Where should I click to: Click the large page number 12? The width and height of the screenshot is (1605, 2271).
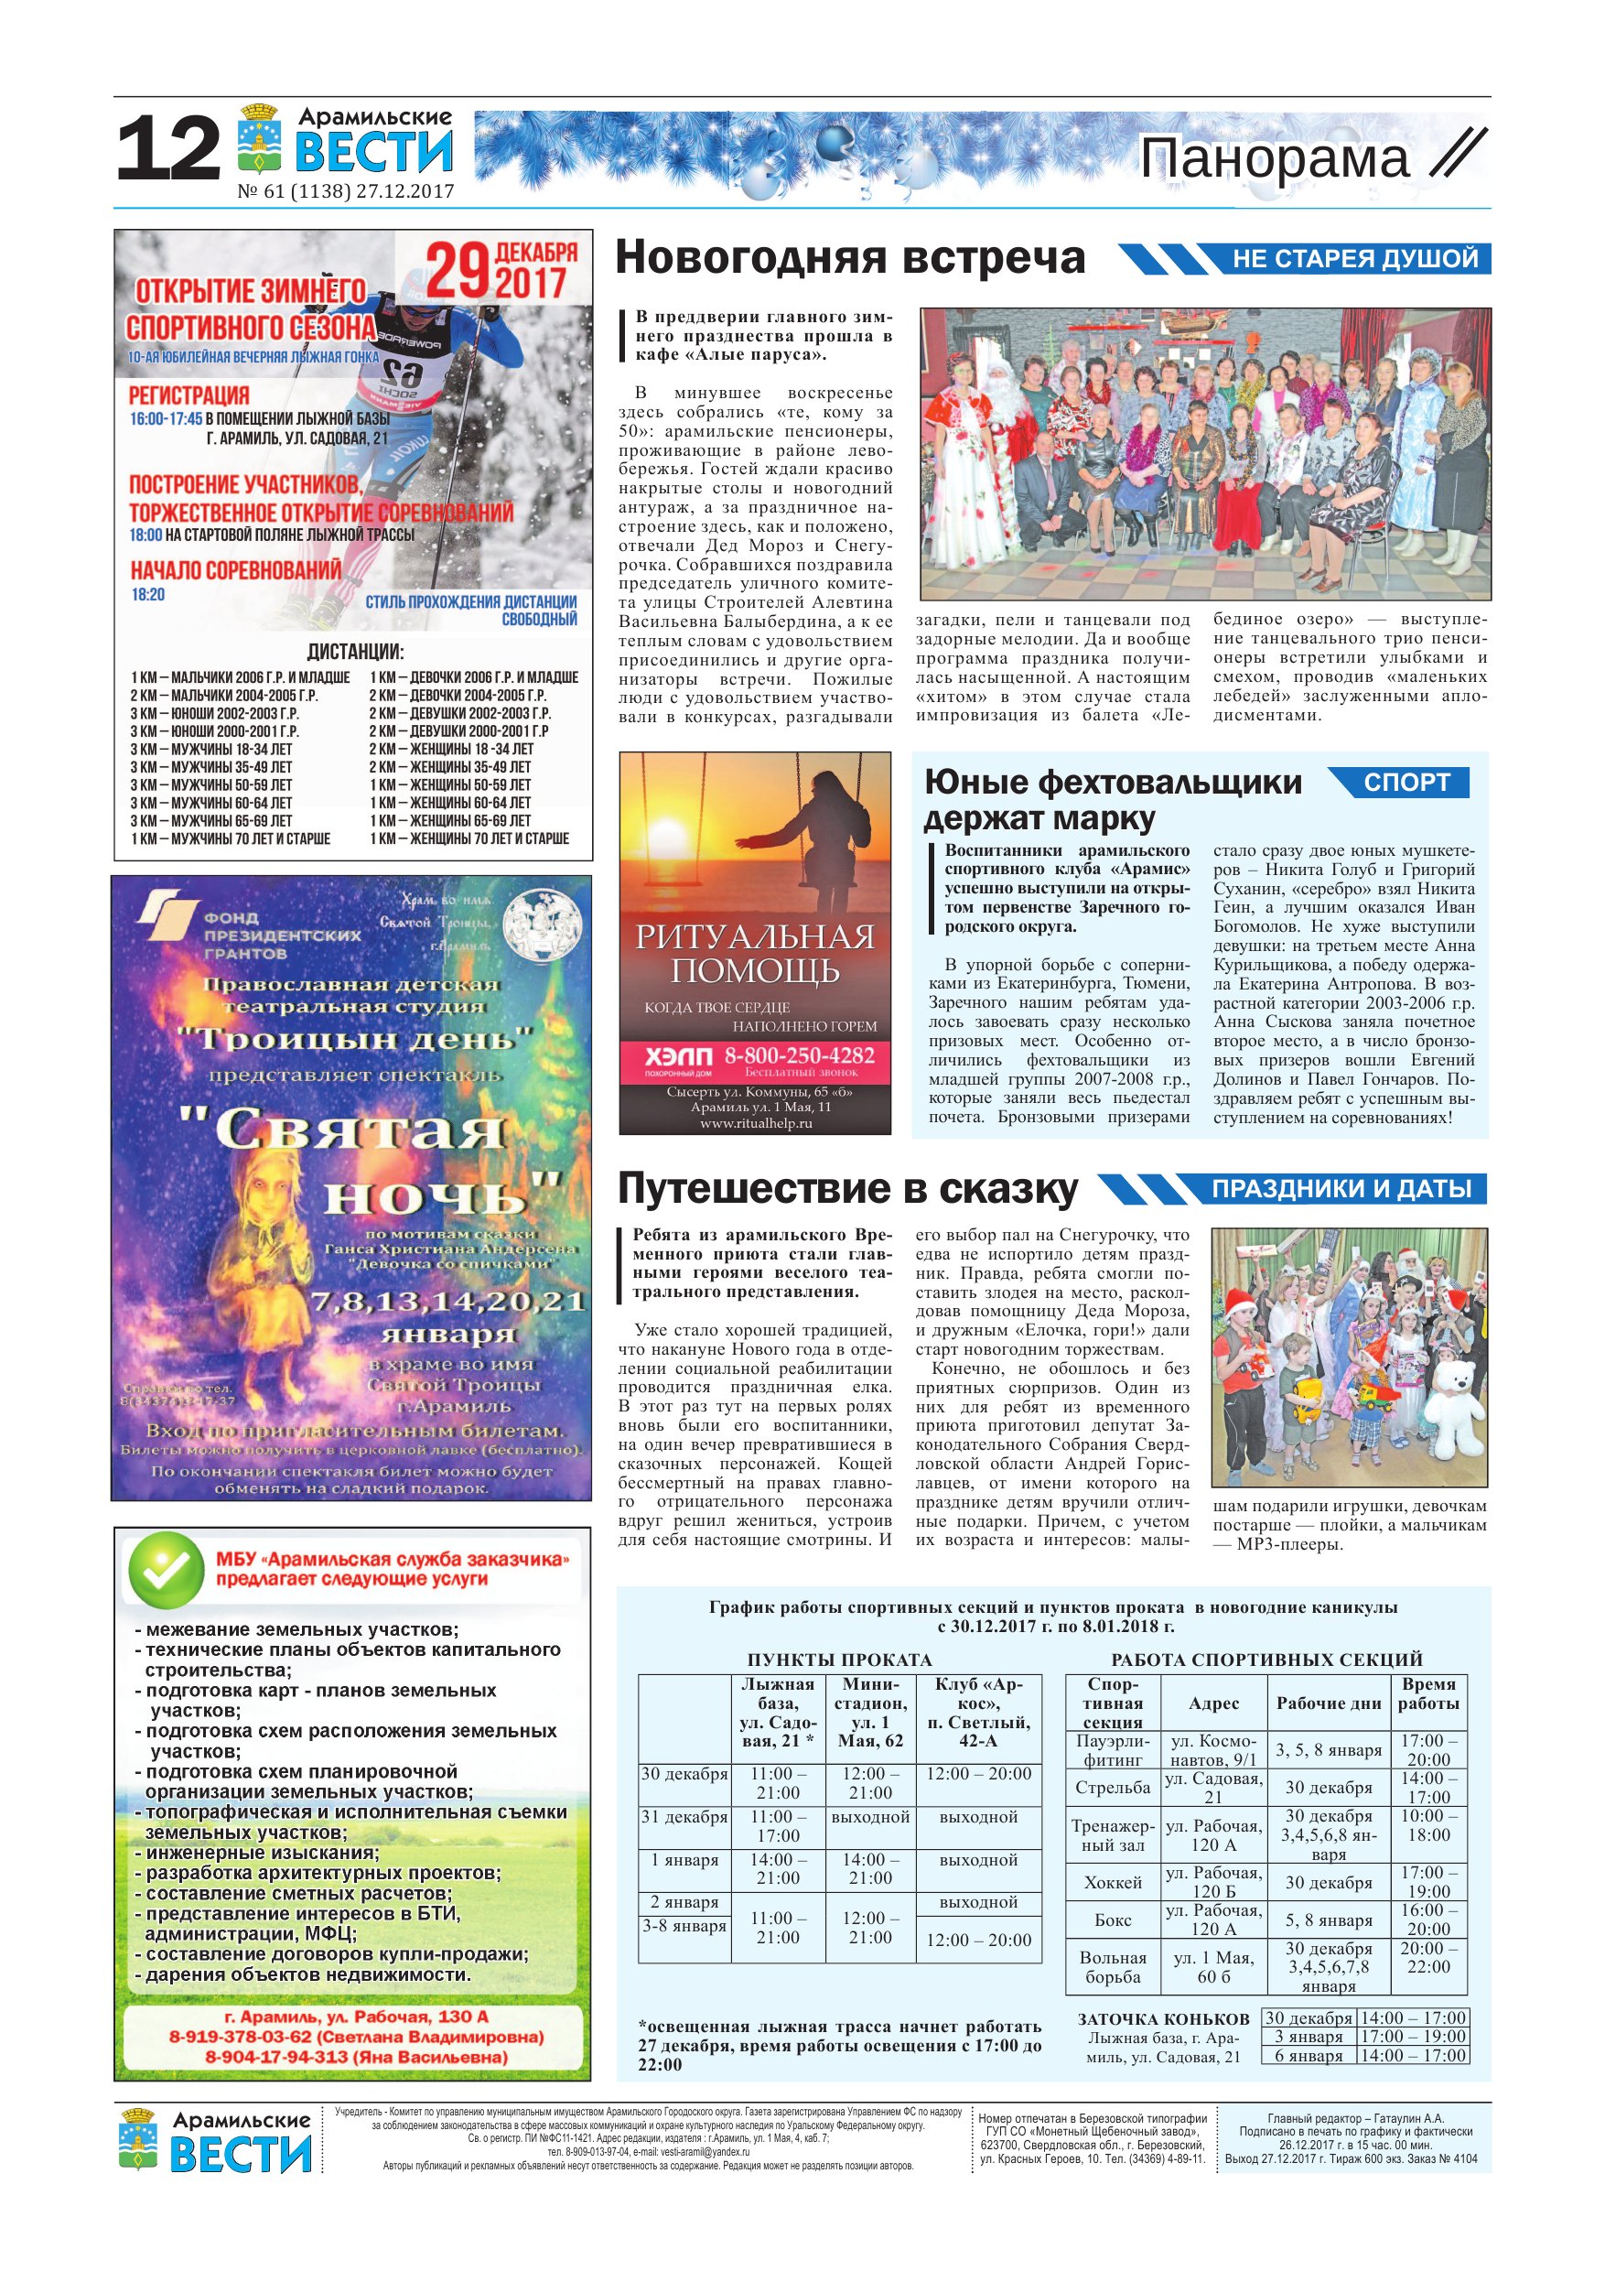[168, 149]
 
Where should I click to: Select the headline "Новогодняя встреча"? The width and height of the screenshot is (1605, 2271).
[849, 258]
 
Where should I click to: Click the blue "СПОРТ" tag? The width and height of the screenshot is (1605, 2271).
[1406, 783]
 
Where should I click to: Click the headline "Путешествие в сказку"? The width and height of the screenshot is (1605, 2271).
[847, 1189]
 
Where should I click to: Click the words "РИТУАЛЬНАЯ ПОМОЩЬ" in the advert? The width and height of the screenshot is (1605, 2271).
[755, 954]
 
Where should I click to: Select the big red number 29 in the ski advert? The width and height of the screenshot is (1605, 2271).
[458, 270]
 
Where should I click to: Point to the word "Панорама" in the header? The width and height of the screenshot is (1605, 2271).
[1275, 159]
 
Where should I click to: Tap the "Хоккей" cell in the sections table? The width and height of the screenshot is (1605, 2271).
[1113, 1881]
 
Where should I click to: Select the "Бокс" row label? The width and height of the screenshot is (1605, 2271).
[1113, 1920]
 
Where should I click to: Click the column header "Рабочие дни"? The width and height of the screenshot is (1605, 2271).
[1328, 1703]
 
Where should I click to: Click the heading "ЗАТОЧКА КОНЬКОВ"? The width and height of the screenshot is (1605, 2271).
[1163, 2018]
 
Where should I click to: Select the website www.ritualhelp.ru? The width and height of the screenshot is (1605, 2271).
[756, 1122]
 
